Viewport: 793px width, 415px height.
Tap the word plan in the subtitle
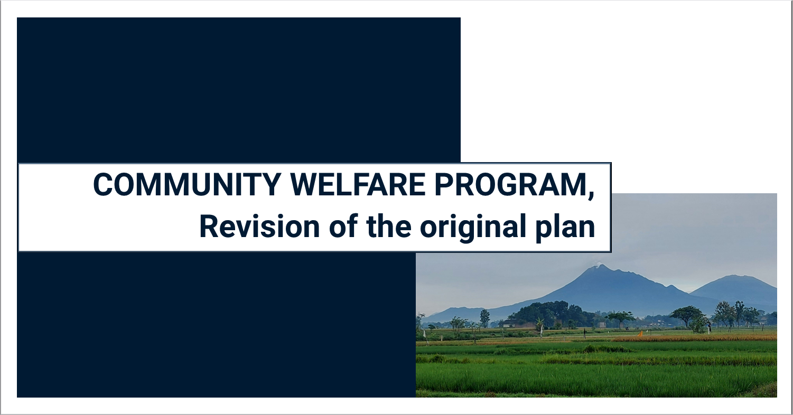tap(568, 227)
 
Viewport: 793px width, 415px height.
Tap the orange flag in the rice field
tap(640, 333)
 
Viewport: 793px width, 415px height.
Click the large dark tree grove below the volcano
tap(544, 314)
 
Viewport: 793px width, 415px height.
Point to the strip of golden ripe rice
tap(697, 337)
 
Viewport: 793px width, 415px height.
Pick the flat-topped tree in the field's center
tap(620, 316)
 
